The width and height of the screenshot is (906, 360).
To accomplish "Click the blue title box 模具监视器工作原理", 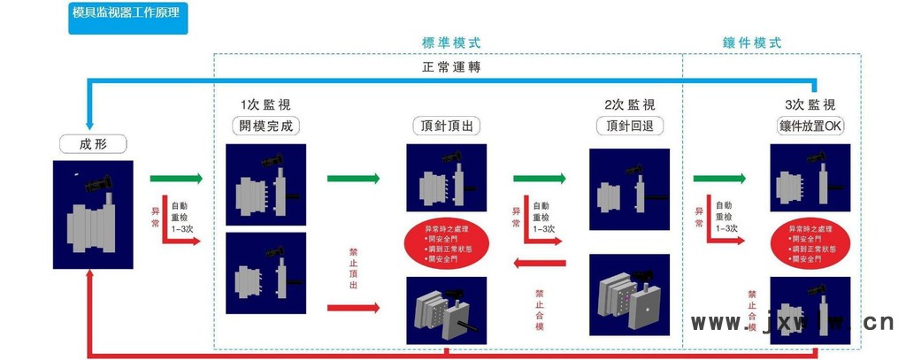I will pyautogui.click(x=128, y=18).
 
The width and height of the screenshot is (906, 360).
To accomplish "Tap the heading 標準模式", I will pyautogui.click(x=451, y=42).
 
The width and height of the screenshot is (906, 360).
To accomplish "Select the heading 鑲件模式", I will pyautogui.click(x=752, y=42).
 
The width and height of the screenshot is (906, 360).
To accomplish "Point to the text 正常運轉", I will pyautogui.click(x=451, y=67).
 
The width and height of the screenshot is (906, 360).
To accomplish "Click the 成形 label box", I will pyautogui.click(x=93, y=144).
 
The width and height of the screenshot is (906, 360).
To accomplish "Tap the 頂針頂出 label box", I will pyautogui.click(x=447, y=126).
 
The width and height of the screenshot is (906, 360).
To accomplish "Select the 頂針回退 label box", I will pyautogui.click(x=630, y=126).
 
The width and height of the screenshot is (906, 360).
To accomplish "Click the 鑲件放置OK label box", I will pyautogui.click(x=810, y=126).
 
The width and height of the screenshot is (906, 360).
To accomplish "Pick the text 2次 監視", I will pyautogui.click(x=630, y=104).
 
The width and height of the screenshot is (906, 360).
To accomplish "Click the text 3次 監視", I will pyautogui.click(x=810, y=104).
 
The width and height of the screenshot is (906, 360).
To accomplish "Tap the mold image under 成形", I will pyautogui.click(x=93, y=214).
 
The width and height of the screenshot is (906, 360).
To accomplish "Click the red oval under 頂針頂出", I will pyautogui.click(x=447, y=244).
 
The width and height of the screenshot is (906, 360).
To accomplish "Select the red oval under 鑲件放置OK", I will pyautogui.click(x=810, y=244).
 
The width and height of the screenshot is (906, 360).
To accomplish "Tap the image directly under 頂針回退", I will pyautogui.click(x=630, y=189).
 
